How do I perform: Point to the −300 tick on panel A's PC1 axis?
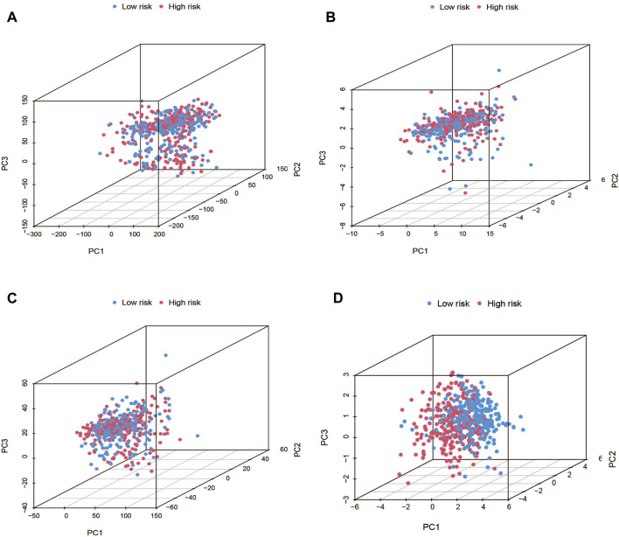32,234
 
